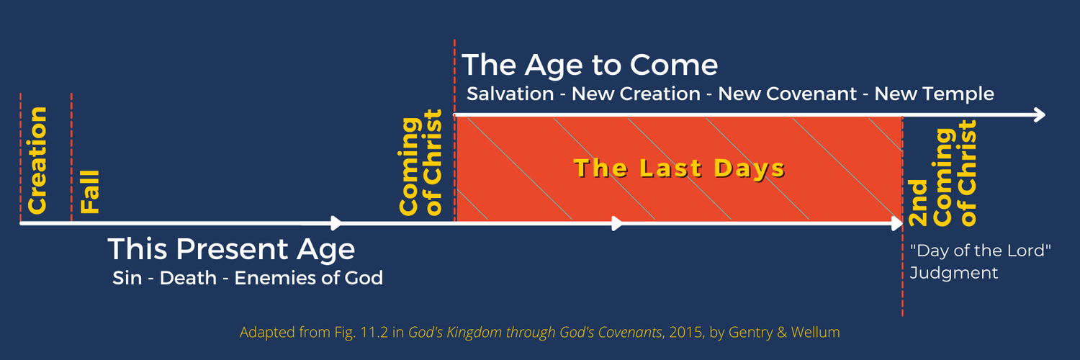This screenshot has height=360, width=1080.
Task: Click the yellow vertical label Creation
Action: [x=37, y=161]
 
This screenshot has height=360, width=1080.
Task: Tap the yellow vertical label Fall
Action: [x=90, y=192]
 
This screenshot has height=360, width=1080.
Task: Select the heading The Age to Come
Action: [x=590, y=65]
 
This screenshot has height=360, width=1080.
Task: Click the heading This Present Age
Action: [x=231, y=249]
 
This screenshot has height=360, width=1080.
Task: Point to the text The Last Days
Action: [x=680, y=168]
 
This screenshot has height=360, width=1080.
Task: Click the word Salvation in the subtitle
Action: [x=510, y=94]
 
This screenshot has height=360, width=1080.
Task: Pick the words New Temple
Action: [x=935, y=94]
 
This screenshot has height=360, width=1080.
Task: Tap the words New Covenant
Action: [x=788, y=94]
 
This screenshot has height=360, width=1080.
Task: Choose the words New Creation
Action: [x=636, y=94]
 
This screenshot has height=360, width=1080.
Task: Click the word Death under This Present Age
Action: [x=188, y=278]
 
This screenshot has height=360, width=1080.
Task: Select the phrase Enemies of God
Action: [x=309, y=278]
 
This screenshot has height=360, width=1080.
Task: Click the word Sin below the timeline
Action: [x=127, y=278]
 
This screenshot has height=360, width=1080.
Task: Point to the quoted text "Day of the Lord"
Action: [x=980, y=251]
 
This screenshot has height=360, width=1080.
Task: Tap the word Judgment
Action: [x=954, y=274]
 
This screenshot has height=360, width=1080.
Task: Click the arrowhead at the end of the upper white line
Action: [x=1039, y=115]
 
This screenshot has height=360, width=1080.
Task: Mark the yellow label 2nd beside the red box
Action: [x=917, y=203]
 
